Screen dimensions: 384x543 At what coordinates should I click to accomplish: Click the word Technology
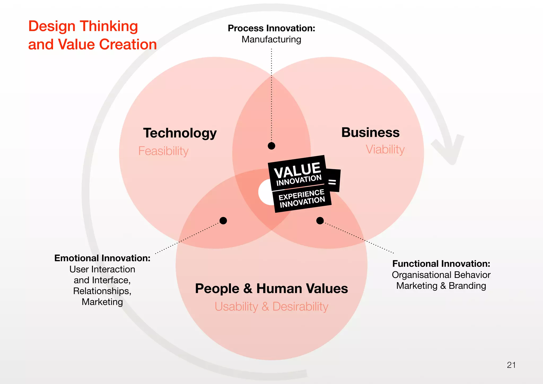tap(180, 133)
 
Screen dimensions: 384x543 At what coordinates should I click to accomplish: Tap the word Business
tap(370, 132)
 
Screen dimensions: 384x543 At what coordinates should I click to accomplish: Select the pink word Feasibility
tap(163, 151)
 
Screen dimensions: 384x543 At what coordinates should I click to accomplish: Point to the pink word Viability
tap(385, 149)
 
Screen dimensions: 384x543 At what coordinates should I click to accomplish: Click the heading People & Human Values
tap(271, 289)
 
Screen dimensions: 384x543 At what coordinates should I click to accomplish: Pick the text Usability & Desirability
tap(271, 307)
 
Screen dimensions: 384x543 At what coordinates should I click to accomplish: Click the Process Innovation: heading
tap(271, 28)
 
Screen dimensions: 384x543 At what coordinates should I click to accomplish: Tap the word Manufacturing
tap(271, 39)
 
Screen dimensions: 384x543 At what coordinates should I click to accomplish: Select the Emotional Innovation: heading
tap(102, 258)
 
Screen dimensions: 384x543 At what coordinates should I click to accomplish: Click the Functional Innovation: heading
tap(441, 264)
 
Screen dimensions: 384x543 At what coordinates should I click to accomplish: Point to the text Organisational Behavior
tap(441, 275)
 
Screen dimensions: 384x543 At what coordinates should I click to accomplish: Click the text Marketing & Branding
tap(441, 286)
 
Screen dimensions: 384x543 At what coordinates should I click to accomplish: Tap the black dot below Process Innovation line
tap(271, 146)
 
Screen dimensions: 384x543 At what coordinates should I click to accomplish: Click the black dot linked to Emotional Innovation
tap(223, 220)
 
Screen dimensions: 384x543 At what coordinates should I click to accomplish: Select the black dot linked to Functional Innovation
tap(320, 220)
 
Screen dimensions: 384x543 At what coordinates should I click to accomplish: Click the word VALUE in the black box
tap(297, 170)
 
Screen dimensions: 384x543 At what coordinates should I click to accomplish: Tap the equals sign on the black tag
tap(332, 182)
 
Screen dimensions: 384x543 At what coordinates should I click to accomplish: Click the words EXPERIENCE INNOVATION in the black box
tap(302, 198)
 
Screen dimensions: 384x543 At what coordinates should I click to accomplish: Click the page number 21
tap(511, 365)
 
